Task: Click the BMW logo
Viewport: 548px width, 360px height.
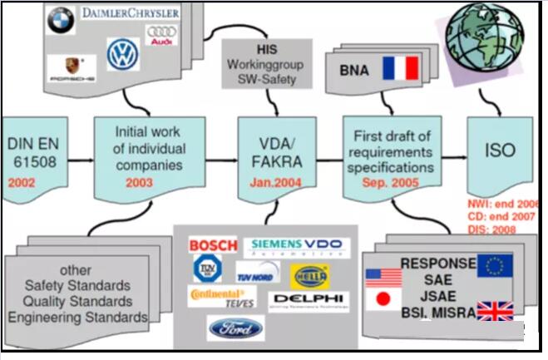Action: [x=61, y=20]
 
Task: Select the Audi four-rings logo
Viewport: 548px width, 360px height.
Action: [x=161, y=35]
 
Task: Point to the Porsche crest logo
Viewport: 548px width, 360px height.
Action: [x=72, y=67]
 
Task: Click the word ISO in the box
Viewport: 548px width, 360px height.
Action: [x=501, y=151]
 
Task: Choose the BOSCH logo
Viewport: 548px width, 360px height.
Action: [x=213, y=245]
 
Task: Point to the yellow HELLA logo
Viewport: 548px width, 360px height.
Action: [x=308, y=274]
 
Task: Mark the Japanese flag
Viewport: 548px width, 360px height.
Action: [x=383, y=298]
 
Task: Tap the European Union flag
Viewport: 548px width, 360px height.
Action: [x=494, y=265]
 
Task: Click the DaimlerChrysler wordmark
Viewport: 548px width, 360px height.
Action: [x=130, y=12]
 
